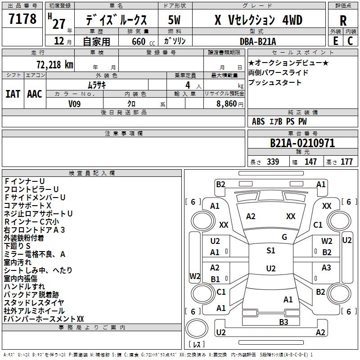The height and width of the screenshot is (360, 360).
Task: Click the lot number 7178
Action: coord(22,18)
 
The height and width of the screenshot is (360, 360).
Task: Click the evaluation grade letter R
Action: coord(343,21)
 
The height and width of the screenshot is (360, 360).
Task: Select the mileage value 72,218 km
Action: coord(55,65)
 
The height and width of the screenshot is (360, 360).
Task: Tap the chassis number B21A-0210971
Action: coord(302,143)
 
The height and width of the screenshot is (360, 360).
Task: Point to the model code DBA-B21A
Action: coord(257,41)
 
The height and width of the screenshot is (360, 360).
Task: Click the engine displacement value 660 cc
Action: coord(143,41)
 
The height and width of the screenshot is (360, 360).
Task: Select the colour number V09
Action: coord(74,104)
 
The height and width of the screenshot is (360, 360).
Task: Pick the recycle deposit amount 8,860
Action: coord(226,104)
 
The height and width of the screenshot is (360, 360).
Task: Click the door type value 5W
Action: coord(174,20)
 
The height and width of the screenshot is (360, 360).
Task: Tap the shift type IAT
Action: coord(13,94)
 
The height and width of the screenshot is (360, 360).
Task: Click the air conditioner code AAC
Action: coord(35,94)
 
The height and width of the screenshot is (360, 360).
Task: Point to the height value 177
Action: coord(346,162)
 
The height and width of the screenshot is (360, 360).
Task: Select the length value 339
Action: coord(273,162)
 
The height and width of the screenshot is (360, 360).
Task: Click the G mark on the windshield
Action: coord(284,237)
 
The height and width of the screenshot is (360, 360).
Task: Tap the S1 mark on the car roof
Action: coord(271,250)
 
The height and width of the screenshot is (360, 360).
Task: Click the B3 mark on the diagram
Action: coord(283,322)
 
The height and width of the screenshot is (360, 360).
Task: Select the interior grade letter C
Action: coord(350,41)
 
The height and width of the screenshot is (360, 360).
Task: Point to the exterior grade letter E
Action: coord(336,41)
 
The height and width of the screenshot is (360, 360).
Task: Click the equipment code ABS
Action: coord(258,121)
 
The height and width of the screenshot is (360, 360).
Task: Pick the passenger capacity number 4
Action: coord(188,85)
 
